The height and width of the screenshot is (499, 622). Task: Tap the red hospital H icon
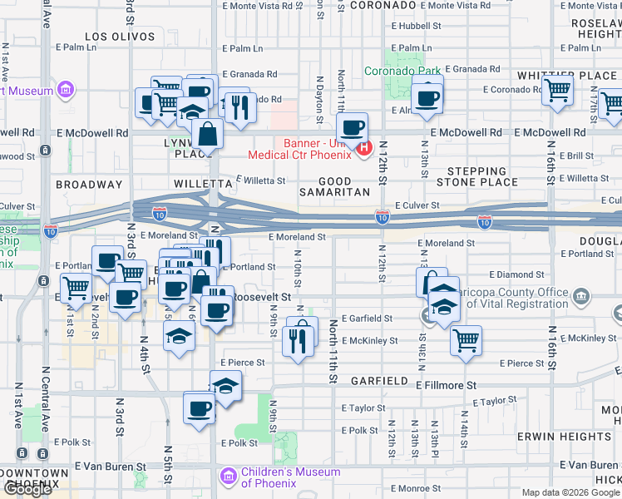(x=363, y=149)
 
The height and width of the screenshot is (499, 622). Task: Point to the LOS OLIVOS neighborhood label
(x=121, y=37)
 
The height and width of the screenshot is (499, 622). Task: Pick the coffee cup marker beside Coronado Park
(x=427, y=98)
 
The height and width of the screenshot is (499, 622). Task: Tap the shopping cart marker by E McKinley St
(x=466, y=339)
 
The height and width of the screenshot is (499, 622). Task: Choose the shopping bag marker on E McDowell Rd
(x=207, y=133)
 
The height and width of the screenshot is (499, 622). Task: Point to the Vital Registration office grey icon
(x=581, y=296)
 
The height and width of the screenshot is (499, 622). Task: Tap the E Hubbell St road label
(x=420, y=27)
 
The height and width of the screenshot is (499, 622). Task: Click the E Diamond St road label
(x=516, y=274)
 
